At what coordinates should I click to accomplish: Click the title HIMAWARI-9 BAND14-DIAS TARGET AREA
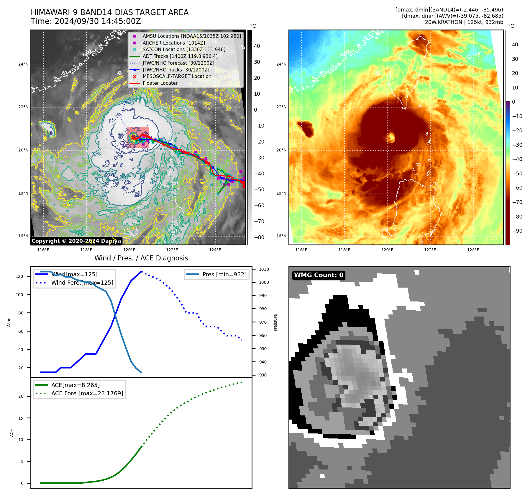(x=109, y=12)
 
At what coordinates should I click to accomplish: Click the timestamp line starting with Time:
(x=86, y=22)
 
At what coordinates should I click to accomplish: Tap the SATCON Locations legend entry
(x=184, y=49)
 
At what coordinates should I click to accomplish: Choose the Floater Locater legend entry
(x=160, y=83)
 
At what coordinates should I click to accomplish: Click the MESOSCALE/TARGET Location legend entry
(x=177, y=76)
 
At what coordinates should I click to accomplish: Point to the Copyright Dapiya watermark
(x=76, y=241)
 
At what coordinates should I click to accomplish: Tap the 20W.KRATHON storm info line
(x=464, y=22)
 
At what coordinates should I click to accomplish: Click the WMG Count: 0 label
(x=319, y=275)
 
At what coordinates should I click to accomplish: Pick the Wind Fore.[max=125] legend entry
(x=82, y=283)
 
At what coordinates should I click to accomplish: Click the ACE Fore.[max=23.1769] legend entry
(x=87, y=393)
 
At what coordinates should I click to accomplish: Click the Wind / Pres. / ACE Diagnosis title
(x=141, y=258)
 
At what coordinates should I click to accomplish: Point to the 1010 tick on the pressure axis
(x=264, y=269)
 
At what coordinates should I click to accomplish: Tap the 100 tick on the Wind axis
(x=19, y=295)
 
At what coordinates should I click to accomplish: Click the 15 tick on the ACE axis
(x=21, y=418)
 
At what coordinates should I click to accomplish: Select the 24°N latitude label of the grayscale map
(x=23, y=64)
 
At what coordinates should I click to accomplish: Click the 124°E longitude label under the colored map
(x=473, y=250)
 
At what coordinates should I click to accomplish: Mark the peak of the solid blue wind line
(x=142, y=271)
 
